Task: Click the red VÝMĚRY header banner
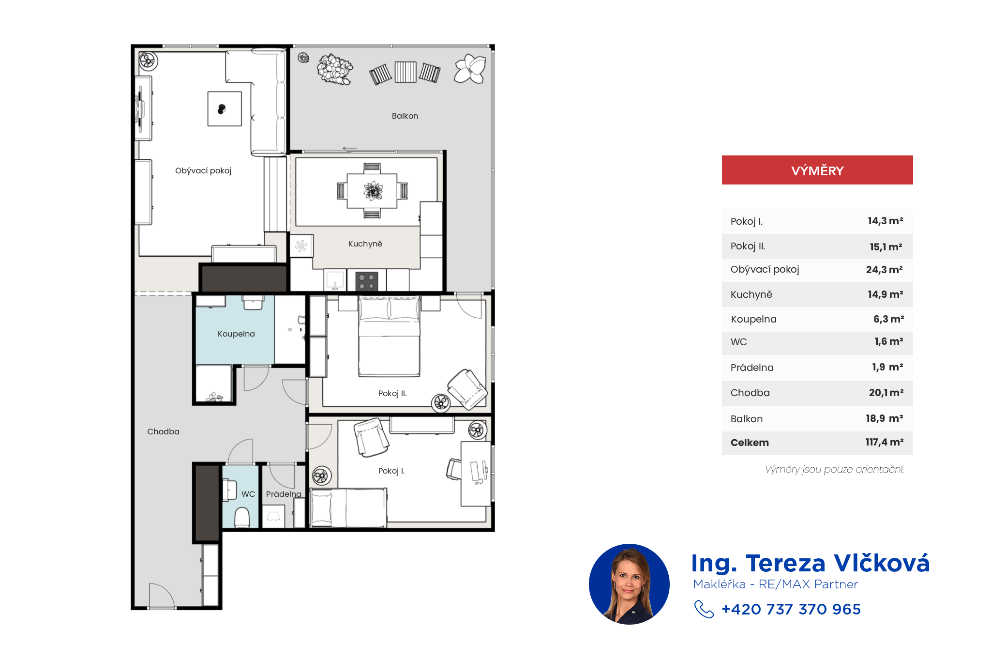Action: point(817,170)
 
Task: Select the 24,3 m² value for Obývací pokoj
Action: point(884,270)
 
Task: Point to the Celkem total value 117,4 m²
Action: point(884,442)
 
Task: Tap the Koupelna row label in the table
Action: point(753,319)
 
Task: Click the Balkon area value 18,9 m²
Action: point(884,418)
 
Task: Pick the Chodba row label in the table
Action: point(750,393)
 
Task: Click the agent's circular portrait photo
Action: point(629,584)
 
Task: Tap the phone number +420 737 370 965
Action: point(791,609)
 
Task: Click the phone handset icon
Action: point(704,609)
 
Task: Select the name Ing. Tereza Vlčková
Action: point(811,563)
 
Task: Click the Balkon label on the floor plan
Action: point(405,116)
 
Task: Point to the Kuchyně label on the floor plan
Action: point(365,244)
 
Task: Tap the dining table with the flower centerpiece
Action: point(373,191)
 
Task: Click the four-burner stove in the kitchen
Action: point(367,281)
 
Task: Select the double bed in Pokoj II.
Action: point(389,337)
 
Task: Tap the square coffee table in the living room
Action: point(225,109)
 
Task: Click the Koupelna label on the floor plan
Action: point(236,334)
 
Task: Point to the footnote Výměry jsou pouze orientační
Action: point(834,469)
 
